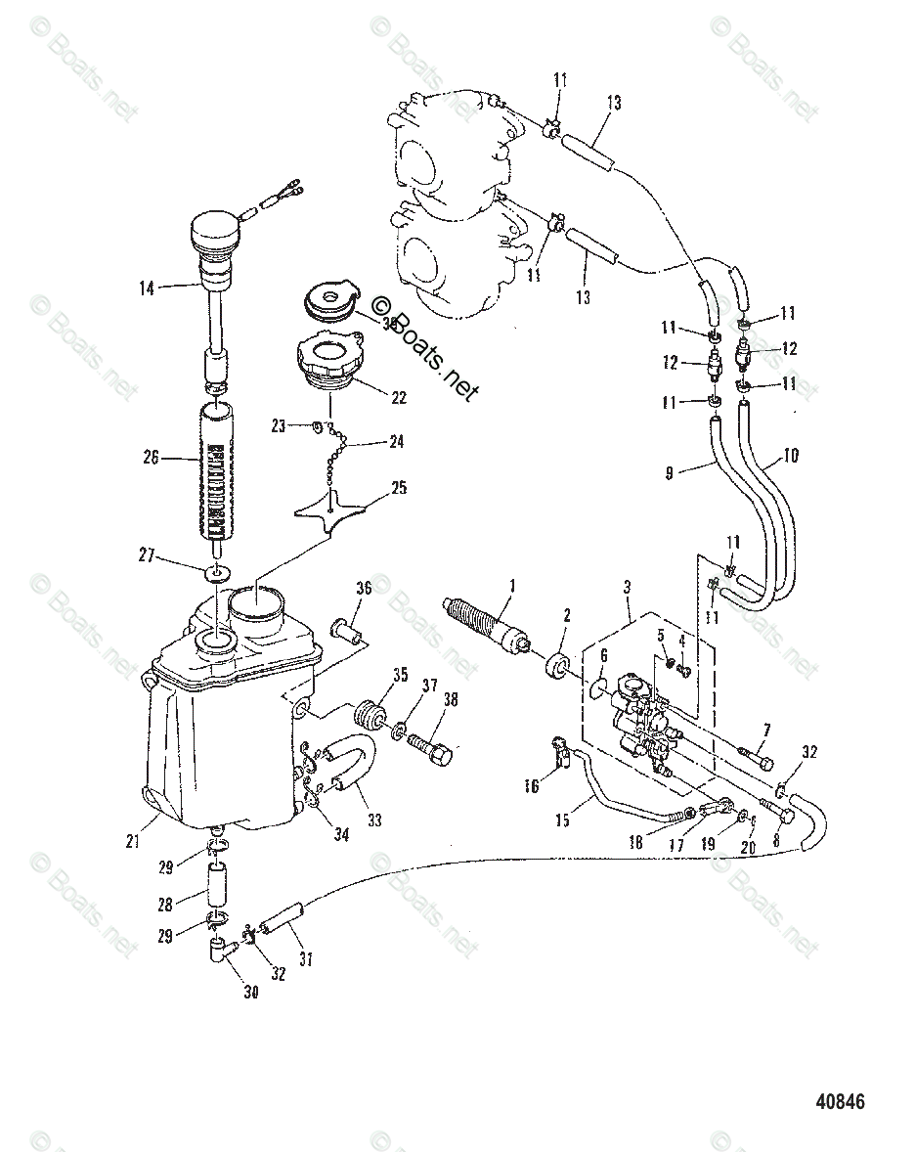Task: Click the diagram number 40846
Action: (840, 1101)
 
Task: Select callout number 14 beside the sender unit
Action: (147, 288)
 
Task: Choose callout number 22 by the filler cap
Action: (398, 398)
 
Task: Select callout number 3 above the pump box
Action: (627, 587)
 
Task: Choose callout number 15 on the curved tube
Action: (562, 820)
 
